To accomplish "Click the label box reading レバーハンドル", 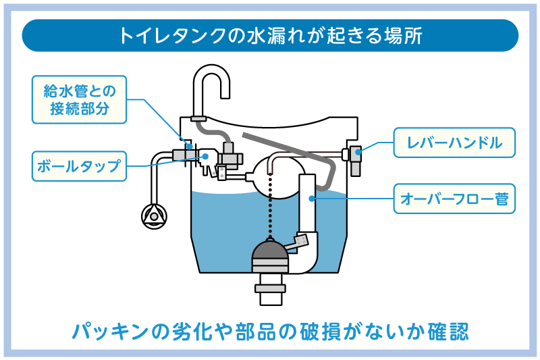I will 454,143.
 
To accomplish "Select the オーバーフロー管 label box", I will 454,199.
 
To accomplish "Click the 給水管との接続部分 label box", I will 80,99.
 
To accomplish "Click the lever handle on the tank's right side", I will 353,154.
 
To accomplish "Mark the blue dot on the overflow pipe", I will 311,198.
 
